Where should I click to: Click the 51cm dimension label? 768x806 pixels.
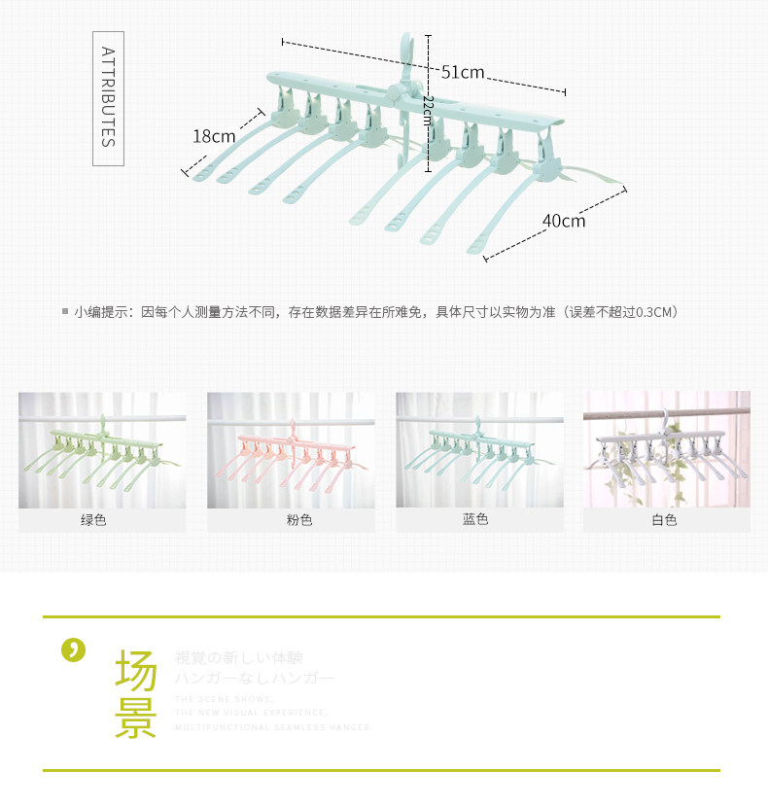463,72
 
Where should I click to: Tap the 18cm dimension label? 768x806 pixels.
213,136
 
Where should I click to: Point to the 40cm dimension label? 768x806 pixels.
564,221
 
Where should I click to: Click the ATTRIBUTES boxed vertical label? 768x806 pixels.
108,96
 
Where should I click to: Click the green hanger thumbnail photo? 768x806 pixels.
102,449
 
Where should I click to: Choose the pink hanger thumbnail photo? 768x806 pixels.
291,449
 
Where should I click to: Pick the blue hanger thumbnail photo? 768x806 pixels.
479,449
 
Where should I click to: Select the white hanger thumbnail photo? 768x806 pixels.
666,449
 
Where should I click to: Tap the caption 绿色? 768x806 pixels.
93,520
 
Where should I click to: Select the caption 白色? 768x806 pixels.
664,520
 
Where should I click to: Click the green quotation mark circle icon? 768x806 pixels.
73,649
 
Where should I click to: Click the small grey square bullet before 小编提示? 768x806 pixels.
65,312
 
